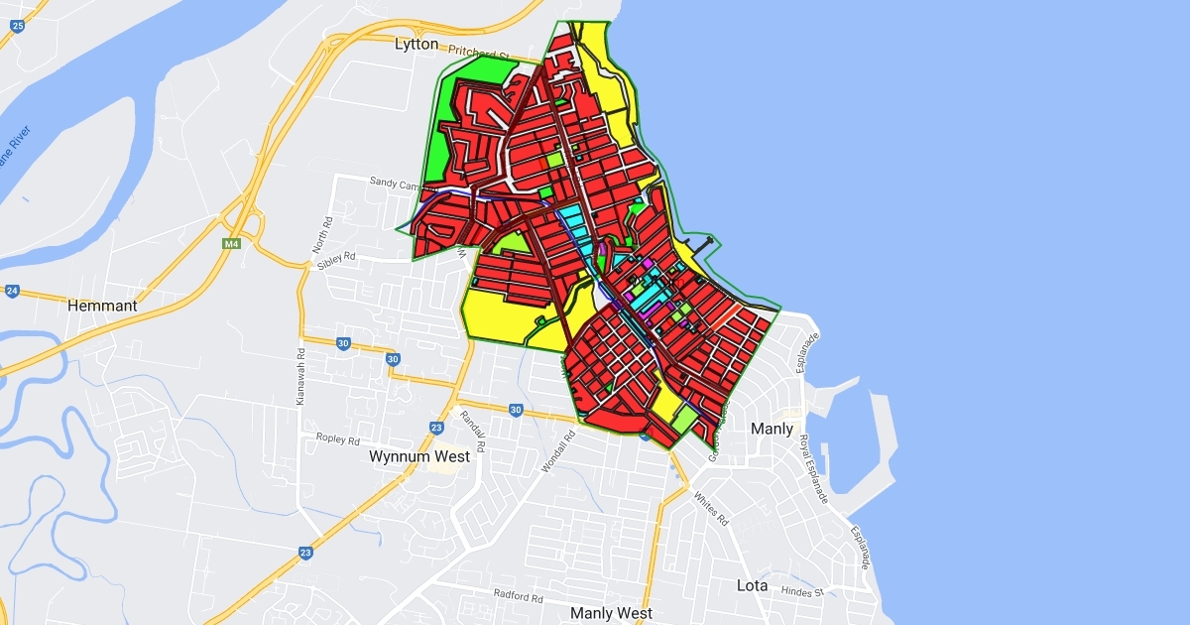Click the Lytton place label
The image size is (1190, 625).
[x=416, y=44]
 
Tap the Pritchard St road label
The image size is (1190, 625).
[x=478, y=53]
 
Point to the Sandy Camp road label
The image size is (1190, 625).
[x=396, y=183]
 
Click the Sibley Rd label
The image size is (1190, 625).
[x=337, y=259]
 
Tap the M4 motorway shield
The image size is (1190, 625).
[x=232, y=244]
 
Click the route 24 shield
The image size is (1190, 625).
[x=12, y=291]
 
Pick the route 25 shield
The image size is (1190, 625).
[x=18, y=25]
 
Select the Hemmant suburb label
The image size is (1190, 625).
[x=102, y=306]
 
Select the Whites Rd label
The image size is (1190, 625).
[x=711, y=508]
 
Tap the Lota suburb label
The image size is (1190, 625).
[x=752, y=585]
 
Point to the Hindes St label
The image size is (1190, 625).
[x=803, y=592]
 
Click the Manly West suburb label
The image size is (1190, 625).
[x=612, y=613]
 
